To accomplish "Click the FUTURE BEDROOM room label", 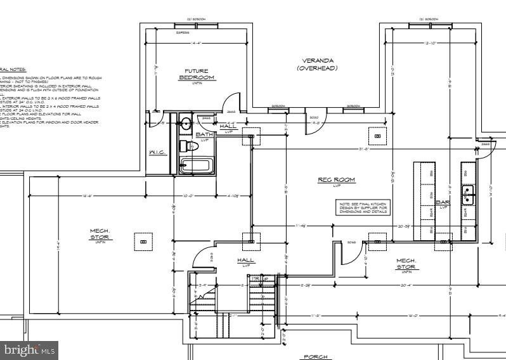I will (197, 74).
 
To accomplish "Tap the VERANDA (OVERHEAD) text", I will (317, 64).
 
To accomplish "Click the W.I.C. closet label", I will (157, 152).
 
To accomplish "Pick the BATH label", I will (204, 134).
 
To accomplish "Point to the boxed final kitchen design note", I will (363, 207).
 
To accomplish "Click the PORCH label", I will (315, 357).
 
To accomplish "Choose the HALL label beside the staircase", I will (246, 260).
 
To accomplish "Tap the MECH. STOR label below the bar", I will (406, 263).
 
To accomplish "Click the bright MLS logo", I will (29, 349).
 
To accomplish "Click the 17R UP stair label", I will (258, 279).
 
